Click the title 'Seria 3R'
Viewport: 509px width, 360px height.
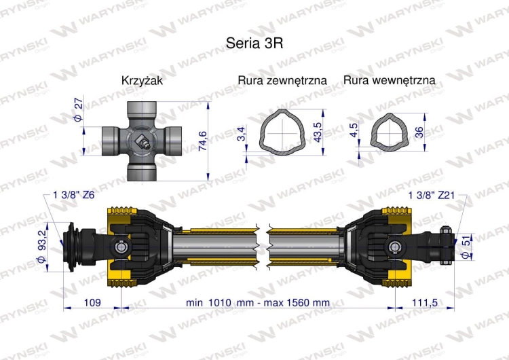254,42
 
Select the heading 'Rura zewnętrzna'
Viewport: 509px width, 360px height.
282,81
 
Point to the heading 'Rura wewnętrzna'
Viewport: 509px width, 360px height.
390,81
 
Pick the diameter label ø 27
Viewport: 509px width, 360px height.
77,111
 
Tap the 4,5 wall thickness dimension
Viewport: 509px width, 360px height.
353,130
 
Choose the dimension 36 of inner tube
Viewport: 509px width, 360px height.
419,132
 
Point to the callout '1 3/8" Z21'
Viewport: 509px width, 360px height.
432,196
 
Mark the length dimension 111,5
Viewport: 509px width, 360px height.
426,302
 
